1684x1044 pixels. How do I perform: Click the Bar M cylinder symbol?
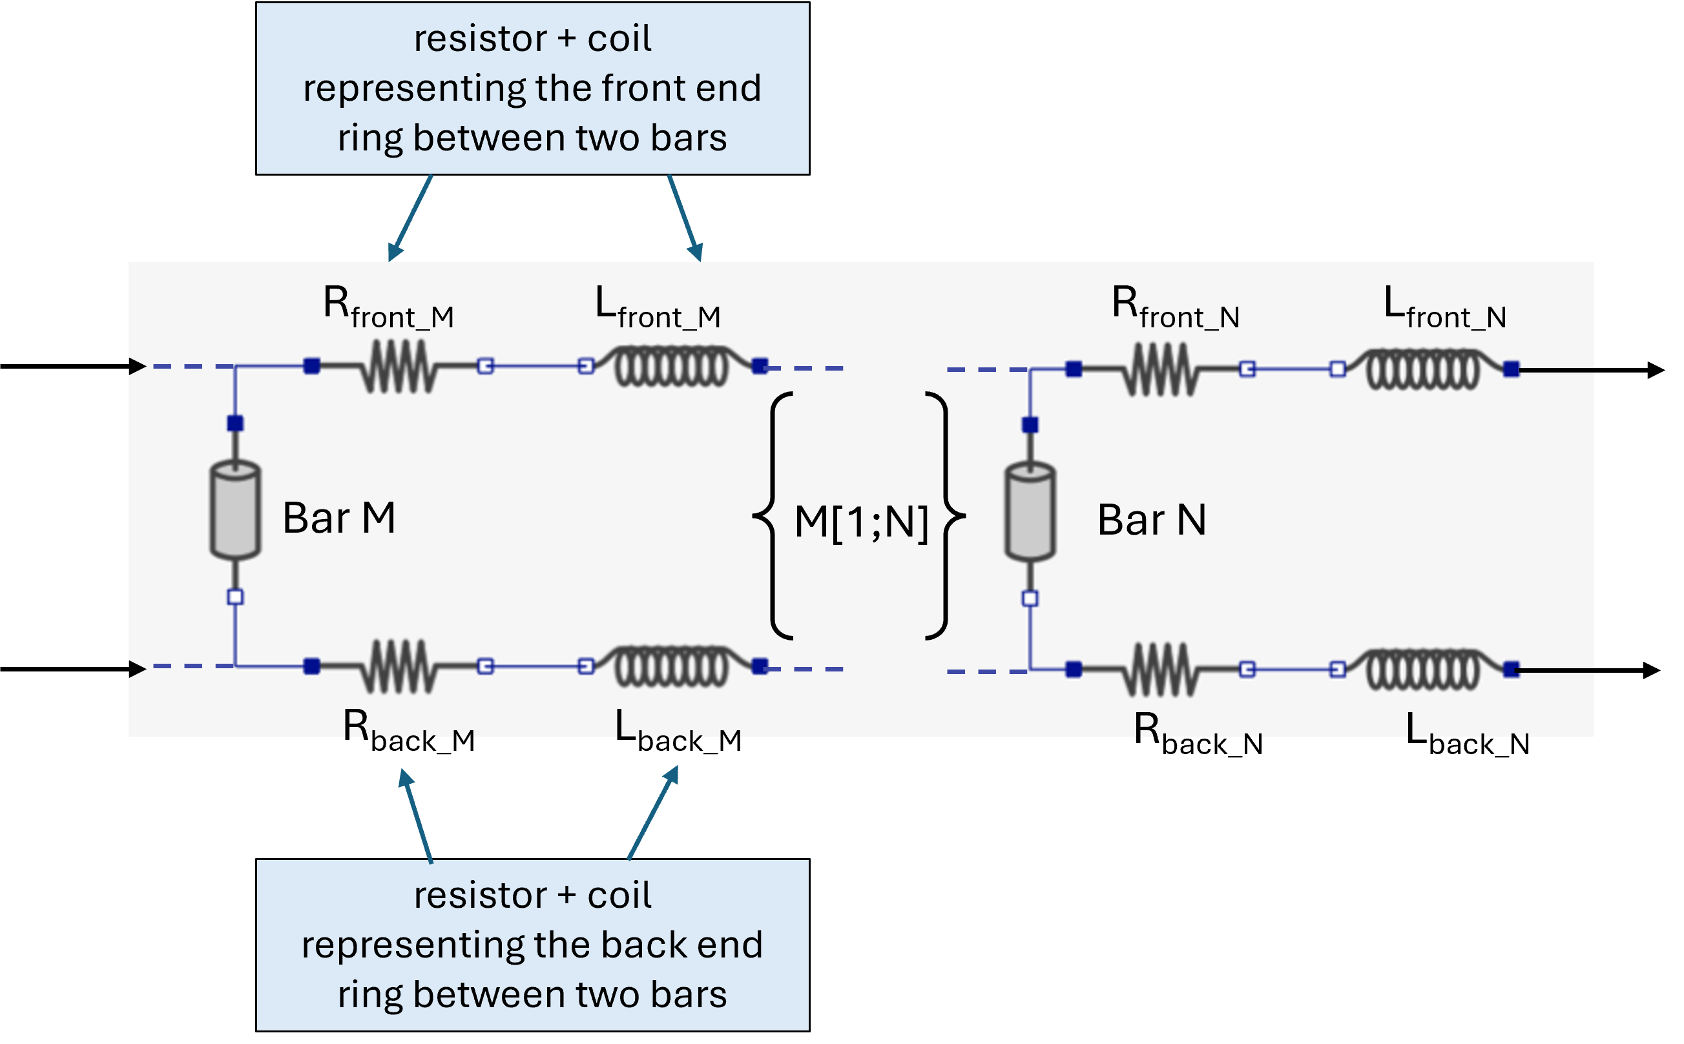click(x=235, y=509)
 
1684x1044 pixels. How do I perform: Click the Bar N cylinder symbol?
click(x=1030, y=511)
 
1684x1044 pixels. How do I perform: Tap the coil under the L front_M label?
click(x=671, y=367)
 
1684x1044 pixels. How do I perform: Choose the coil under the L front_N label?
click(x=1424, y=369)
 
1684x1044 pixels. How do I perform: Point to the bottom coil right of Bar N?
click(x=1424, y=669)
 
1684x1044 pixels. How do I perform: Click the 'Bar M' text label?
click(x=339, y=518)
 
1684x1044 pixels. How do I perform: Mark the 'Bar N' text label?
click(x=1152, y=520)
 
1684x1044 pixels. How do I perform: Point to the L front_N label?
click(x=1444, y=308)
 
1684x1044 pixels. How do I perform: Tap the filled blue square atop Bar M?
click(x=235, y=424)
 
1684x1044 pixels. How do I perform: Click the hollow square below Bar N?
click(x=1030, y=599)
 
